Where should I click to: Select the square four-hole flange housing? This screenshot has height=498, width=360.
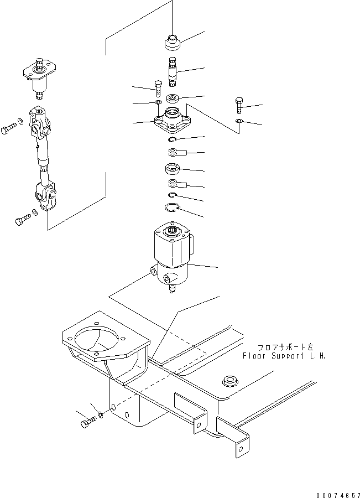[173, 122]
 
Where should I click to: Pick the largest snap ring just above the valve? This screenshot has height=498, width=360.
[173, 209]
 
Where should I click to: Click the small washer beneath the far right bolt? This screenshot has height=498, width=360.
[238, 122]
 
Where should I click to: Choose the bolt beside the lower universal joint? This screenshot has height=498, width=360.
[22, 220]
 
